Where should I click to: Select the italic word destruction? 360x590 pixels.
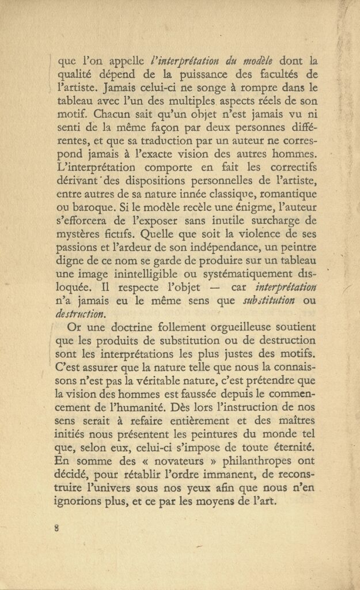[81, 313]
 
